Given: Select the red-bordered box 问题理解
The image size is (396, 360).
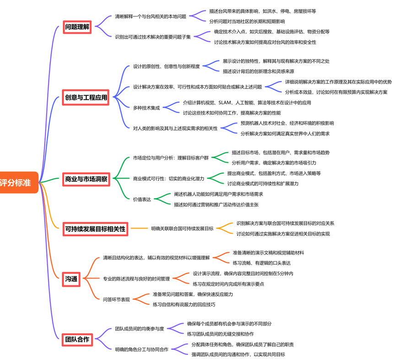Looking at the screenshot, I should [77, 27].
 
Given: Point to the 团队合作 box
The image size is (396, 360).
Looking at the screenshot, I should [77, 339].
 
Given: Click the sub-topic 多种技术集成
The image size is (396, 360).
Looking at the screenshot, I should [146, 108].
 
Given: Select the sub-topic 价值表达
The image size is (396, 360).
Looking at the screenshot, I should [142, 199].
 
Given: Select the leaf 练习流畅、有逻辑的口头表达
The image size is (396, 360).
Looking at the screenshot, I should [261, 262].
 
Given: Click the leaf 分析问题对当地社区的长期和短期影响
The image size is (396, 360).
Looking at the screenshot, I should [247, 21].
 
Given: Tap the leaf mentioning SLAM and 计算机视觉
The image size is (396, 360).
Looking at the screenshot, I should [247, 103].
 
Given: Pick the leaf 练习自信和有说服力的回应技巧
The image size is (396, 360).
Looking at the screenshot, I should [184, 304].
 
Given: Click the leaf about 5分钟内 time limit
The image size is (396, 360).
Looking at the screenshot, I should [243, 273].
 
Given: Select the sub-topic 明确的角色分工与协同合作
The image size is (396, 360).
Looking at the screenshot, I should [141, 349].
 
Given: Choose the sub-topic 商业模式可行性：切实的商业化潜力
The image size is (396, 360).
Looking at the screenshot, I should [168, 179].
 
